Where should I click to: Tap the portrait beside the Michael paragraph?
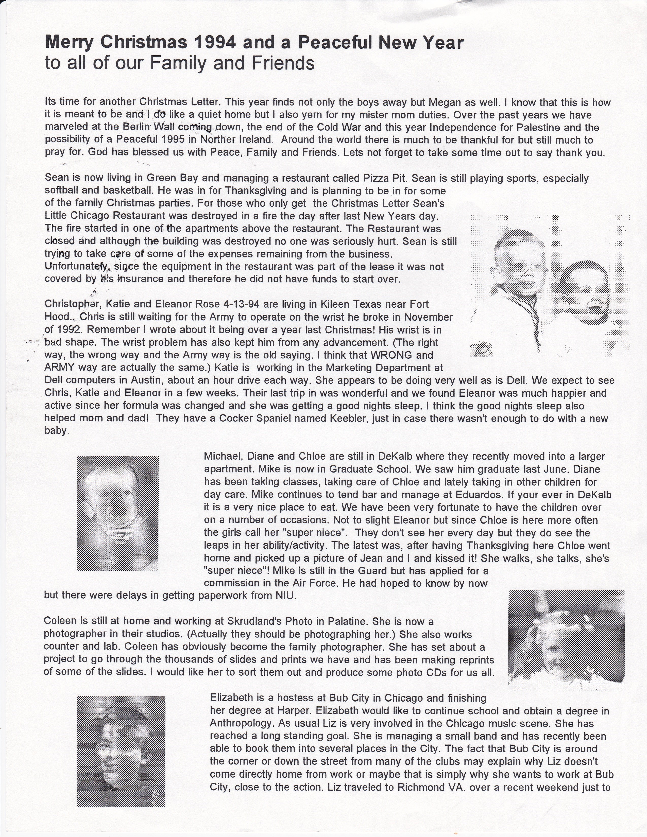[118, 513]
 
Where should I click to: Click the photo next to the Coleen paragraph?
[566, 638]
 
